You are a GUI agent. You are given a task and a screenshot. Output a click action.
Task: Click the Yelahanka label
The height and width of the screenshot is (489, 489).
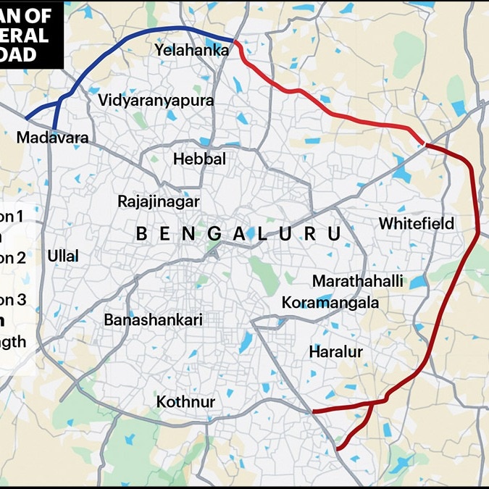point(191,50)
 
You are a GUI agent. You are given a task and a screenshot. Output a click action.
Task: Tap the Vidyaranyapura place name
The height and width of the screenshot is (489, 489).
point(156,101)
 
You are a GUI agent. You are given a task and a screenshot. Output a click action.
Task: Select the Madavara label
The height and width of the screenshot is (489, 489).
point(52,138)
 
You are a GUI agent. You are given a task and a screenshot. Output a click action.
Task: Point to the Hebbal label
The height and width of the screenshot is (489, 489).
point(199,159)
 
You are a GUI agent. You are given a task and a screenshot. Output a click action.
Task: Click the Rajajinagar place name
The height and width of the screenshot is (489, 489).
point(158,201)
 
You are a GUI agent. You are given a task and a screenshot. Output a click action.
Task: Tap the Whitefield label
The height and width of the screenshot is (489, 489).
point(417,223)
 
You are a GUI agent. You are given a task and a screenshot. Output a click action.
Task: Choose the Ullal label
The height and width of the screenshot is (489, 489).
point(63,256)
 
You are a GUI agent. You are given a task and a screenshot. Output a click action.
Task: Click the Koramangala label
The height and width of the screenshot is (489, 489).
point(330,303)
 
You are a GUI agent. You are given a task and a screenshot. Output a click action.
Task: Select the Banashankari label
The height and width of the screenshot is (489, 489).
point(153,319)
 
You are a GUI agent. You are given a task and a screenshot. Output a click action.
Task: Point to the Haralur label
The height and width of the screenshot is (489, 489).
point(335,352)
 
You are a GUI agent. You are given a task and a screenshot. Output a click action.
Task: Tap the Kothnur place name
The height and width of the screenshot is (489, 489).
point(185,401)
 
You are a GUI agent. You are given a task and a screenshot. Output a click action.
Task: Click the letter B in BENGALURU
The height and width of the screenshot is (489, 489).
point(143,234)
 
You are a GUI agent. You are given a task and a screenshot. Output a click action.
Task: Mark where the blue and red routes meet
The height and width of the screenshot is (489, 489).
point(234,41)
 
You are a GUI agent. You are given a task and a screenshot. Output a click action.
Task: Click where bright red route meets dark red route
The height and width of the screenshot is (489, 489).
point(425,145)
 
